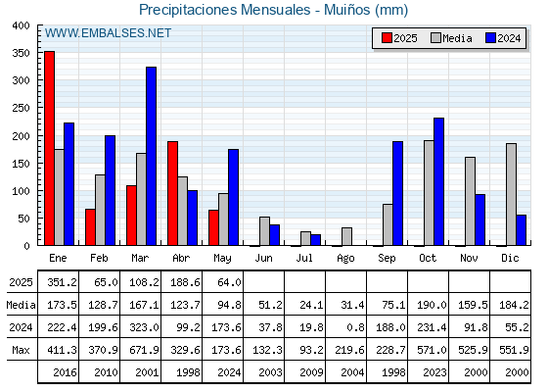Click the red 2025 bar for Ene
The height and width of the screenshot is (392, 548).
tap(49, 148)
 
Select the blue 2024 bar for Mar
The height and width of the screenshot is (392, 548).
tap(151, 156)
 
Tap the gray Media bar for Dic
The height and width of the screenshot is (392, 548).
tap(511, 194)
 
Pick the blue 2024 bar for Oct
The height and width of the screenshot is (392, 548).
tap(439, 181)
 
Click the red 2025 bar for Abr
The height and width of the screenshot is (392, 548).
tap(172, 193)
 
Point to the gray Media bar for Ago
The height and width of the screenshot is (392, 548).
tap(346, 236)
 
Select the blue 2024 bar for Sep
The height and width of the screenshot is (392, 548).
tap(397, 193)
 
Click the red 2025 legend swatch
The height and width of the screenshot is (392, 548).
tap(387, 38)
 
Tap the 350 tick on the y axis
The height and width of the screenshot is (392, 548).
tap(21, 53)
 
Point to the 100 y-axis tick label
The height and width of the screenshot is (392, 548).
tap(21, 191)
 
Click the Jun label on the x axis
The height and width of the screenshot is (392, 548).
tap(263, 258)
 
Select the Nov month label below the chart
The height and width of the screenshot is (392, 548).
tap(469, 258)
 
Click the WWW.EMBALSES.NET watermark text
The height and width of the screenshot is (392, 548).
tap(108, 33)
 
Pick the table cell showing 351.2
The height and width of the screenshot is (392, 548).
tap(63, 282)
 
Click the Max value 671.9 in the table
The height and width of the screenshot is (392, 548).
tap(144, 350)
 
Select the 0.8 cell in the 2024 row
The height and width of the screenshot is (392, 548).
tap(356, 327)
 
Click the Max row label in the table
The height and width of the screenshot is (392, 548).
tap(21, 350)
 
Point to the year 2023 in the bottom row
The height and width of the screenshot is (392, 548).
tap(435, 372)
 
